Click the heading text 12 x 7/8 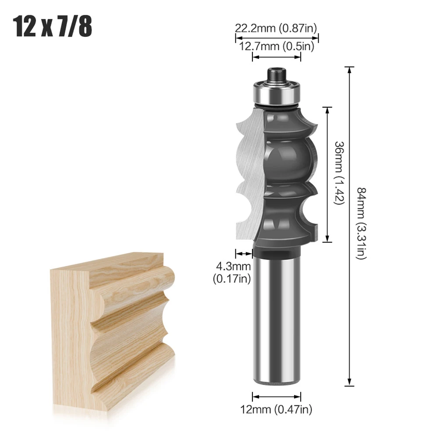click(54, 27)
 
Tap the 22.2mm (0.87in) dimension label click(276, 28)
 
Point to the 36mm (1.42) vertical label click(340, 173)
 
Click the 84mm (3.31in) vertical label click(361, 223)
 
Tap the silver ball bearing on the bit click(276, 91)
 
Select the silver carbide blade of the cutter click(249, 175)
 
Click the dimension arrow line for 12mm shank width click(277, 397)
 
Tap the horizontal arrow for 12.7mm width click(277, 57)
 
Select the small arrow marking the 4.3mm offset click(244, 253)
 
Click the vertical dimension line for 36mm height click(328, 174)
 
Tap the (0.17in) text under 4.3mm click(231, 278)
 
